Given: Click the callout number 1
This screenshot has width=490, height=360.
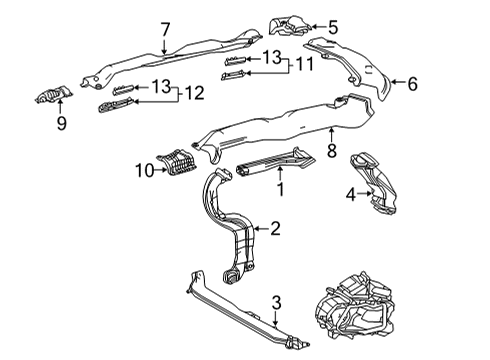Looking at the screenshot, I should (281, 187).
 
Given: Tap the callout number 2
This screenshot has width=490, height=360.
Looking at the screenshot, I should (275, 228).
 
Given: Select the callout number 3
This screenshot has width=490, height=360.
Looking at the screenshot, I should (276, 300).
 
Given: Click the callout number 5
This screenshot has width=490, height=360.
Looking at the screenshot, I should (333, 28).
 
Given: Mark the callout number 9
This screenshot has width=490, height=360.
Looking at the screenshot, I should (60, 124).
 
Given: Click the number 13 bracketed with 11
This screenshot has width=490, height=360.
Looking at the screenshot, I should (270, 58).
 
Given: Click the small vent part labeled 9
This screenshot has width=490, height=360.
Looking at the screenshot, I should (52, 97).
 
